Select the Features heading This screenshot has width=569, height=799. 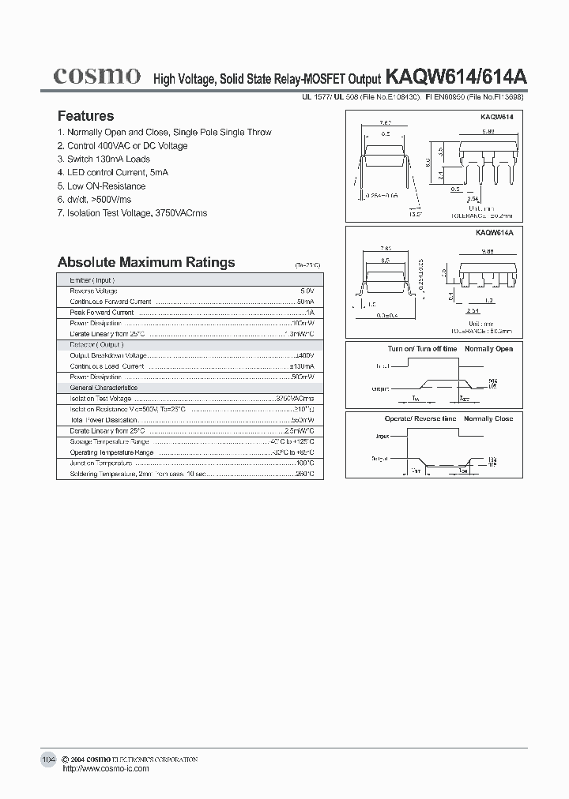(85, 115)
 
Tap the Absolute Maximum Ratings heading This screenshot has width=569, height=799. (146, 262)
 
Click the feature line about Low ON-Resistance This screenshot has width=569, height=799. (102, 186)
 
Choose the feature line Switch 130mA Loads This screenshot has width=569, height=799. (104, 159)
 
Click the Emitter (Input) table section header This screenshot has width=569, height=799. (92, 280)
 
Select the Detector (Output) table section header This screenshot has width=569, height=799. (96, 345)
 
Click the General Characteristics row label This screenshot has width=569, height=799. (104, 388)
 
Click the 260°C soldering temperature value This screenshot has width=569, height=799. (305, 474)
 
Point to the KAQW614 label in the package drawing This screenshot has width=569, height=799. (496, 116)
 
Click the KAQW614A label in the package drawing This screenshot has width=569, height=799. (495, 234)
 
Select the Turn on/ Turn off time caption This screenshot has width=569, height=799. (422, 349)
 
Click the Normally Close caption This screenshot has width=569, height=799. (488, 418)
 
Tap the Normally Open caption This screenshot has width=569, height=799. (488, 349)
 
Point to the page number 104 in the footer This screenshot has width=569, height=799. (48, 760)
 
